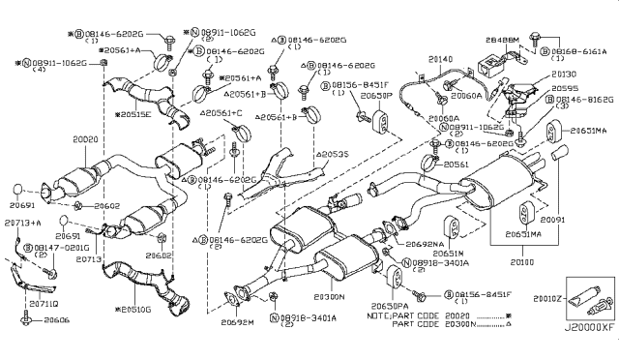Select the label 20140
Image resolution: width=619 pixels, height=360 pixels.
pyautogui.click(x=440, y=58)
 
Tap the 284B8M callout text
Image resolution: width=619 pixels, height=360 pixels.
pyautogui.click(x=502, y=42)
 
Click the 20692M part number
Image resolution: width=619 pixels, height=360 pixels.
pyautogui.click(x=236, y=322)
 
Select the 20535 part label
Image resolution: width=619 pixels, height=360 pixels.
pyautogui.click(x=333, y=153)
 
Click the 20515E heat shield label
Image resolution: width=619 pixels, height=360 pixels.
pyautogui.click(x=136, y=113)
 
